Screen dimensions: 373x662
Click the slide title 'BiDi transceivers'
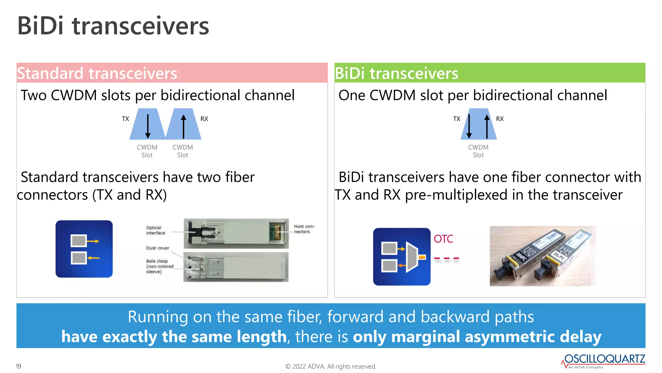(x=113, y=26)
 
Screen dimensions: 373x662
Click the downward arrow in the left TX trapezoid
(x=148, y=126)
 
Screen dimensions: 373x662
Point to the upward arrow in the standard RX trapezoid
(x=184, y=126)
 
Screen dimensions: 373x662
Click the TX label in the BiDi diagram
(x=456, y=119)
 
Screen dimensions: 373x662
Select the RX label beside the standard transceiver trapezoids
(x=204, y=119)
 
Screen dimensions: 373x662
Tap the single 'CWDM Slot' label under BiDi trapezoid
(x=478, y=151)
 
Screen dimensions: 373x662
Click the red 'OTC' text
(x=443, y=239)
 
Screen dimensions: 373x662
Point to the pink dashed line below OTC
(x=446, y=258)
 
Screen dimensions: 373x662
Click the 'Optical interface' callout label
(x=155, y=230)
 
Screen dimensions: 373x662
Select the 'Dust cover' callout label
(x=157, y=248)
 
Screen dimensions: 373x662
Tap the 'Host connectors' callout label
(x=304, y=229)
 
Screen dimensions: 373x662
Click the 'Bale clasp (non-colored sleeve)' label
(x=159, y=266)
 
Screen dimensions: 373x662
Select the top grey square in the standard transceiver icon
(x=79, y=241)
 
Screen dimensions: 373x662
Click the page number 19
(x=18, y=366)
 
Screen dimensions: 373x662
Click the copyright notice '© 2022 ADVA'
(x=331, y=367)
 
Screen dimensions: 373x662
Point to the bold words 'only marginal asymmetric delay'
(x=477, y=337)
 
